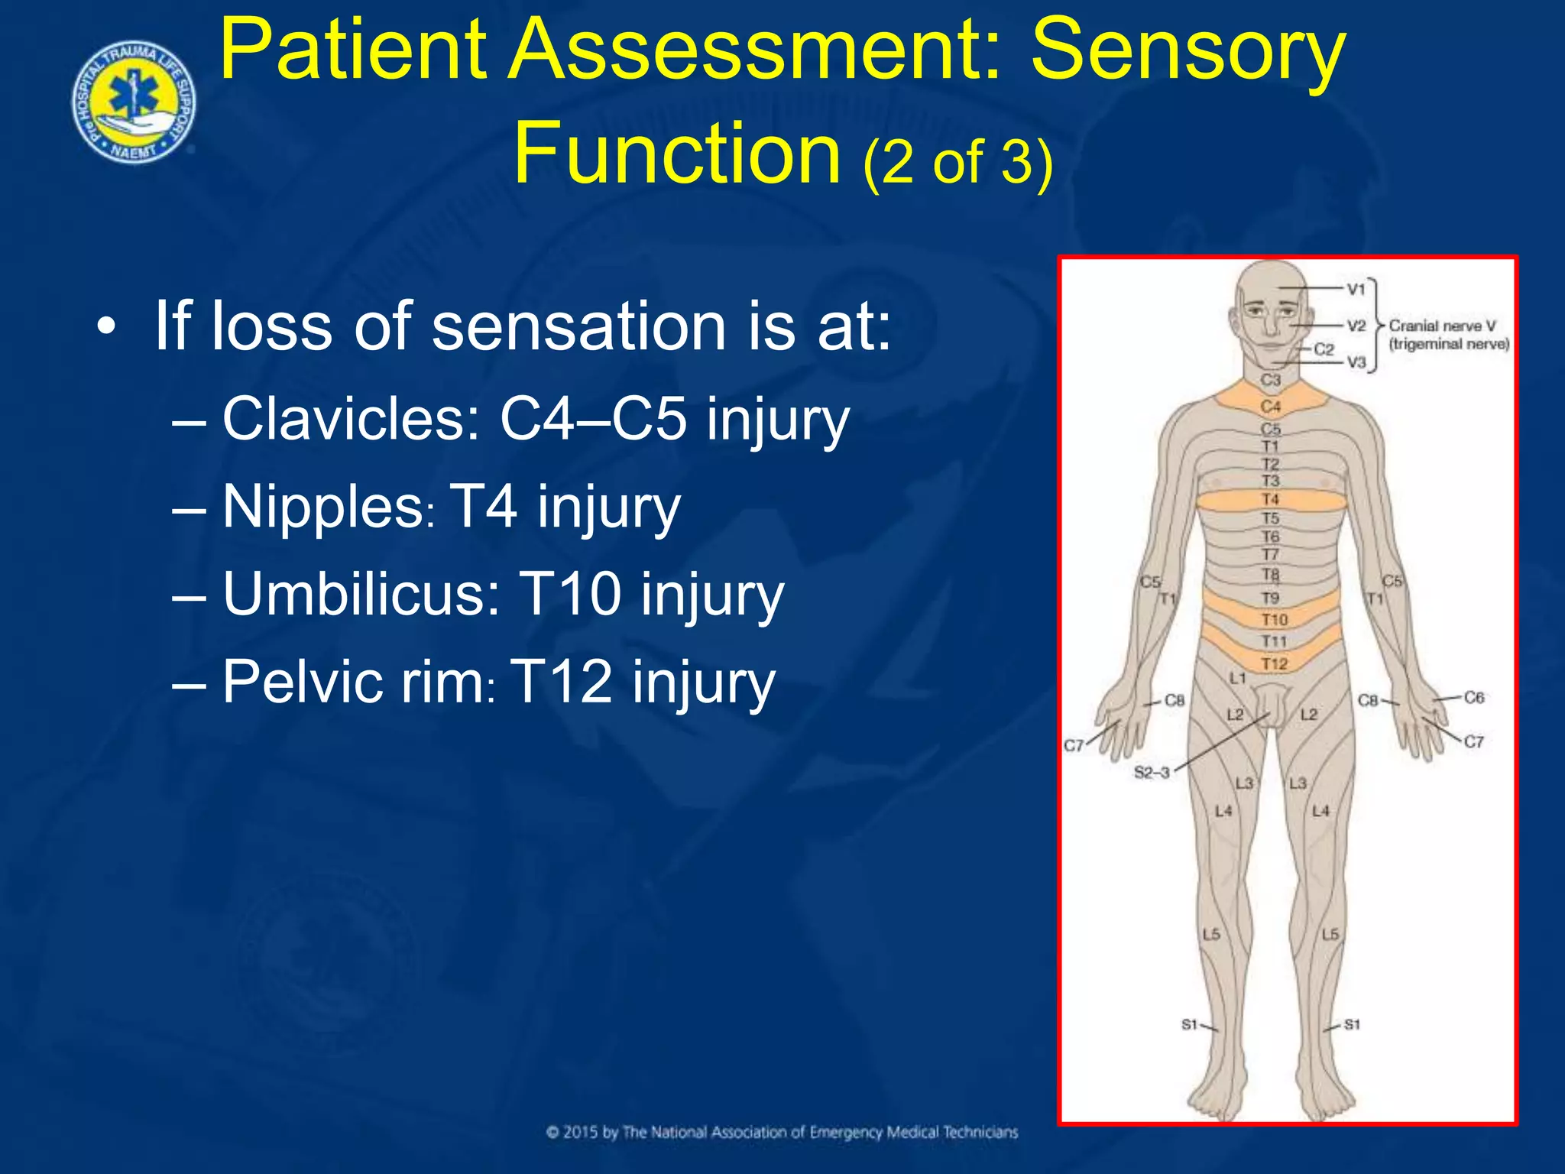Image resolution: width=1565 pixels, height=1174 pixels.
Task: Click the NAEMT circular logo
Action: click(x=134, y=104)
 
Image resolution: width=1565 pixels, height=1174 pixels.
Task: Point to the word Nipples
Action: click(x=322, y=507)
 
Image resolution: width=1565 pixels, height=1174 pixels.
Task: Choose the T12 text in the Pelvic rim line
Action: click(x=561, y=681)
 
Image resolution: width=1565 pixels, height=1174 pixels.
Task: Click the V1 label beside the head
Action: click(x=1356, y=290)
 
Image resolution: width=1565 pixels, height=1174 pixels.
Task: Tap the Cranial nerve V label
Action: click(x=1441, y=326)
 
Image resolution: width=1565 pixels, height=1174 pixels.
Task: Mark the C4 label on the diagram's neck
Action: click(x=1270, y=406)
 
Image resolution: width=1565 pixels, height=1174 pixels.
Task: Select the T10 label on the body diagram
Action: click(x=1274, y=619)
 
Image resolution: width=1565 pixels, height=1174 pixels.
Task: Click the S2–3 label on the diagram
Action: click(x=1152, y=772)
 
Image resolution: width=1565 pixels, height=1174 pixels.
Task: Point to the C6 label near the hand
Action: click(x=1473, y=697)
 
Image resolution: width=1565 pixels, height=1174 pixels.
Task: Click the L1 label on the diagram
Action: click(x=1238, y=678)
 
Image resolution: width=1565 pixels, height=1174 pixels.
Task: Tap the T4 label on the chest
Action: click(x=1270, y=500)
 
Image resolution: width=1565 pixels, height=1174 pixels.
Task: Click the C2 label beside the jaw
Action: click(x=1324, y=349)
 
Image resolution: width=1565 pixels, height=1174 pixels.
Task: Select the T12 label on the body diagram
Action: click(x=1274, y=663)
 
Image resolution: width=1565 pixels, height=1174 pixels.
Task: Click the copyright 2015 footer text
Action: click(x=782, y=1132)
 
